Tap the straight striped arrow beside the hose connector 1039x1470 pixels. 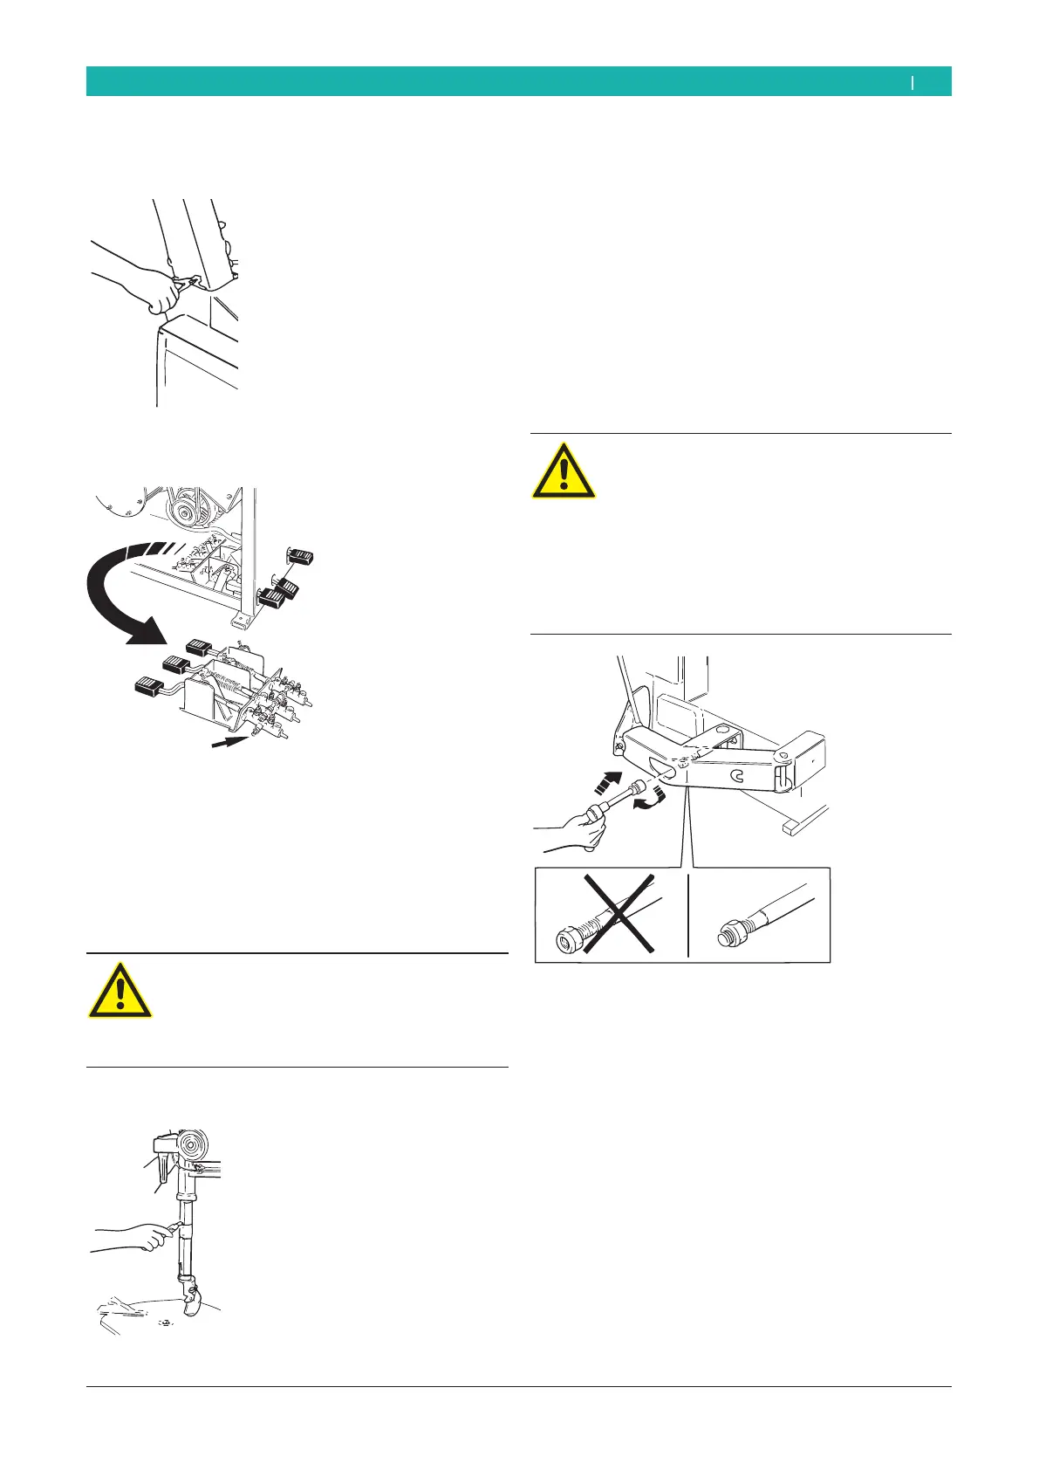point(610,783)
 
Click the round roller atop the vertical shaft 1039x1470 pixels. point(191,1144)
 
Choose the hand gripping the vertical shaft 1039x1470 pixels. point(140,1235)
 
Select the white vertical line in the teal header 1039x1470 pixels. point(913,82)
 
